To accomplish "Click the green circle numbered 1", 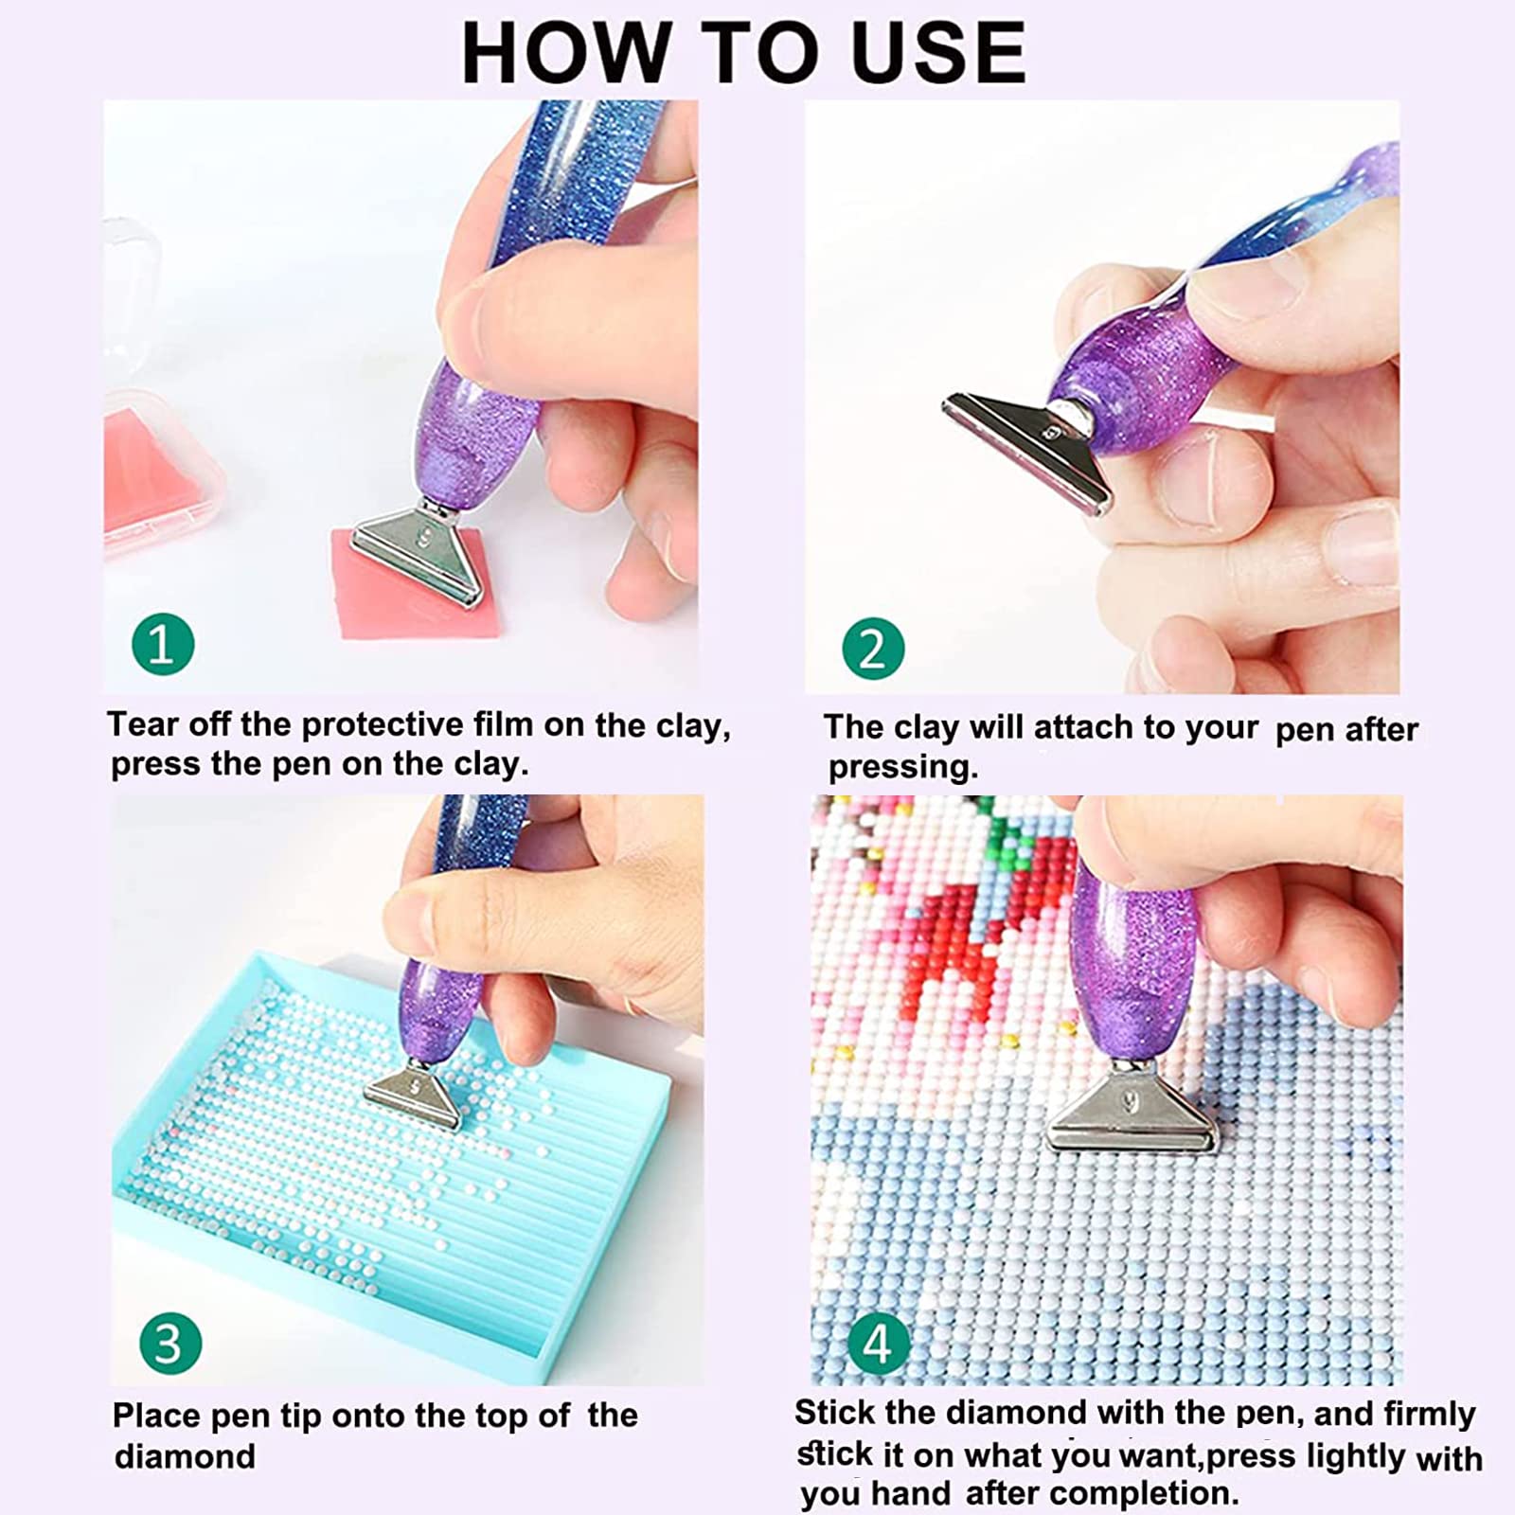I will (x=163, y=646).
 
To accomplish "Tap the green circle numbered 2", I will (x=873, y=649).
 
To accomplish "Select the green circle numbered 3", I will (x=170, y=1344).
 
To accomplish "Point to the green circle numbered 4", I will (x=878, y=1344).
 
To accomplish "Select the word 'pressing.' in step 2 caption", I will (x=902, y=767).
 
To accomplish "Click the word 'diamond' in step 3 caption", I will (x=185, y=1456).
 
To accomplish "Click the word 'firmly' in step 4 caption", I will (x=1429, y=1414).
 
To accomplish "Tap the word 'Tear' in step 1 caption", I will (x=142, y=724).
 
